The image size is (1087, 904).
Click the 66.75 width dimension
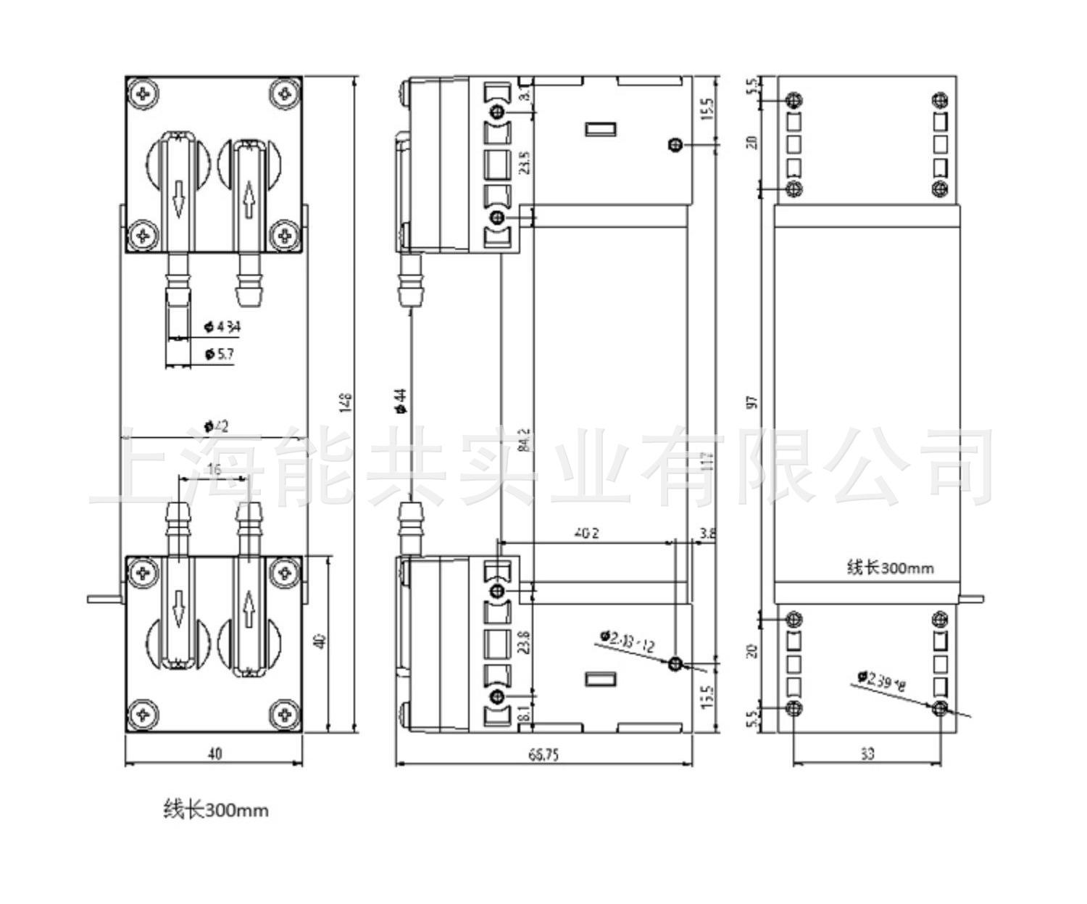543,755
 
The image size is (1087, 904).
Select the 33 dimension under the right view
867,754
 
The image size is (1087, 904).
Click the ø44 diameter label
401,401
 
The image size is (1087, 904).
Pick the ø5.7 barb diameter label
219,354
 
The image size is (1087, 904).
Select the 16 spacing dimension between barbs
215,470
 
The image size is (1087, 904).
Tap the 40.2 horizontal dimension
586,533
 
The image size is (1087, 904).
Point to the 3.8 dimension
707,534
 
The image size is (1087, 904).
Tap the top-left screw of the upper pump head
143,94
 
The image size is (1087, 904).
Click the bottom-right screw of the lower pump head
285,715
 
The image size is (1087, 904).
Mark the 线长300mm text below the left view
216,809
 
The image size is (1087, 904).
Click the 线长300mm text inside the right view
891,567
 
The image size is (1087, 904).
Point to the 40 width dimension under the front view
215,754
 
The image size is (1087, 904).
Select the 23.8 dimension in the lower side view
525,642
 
